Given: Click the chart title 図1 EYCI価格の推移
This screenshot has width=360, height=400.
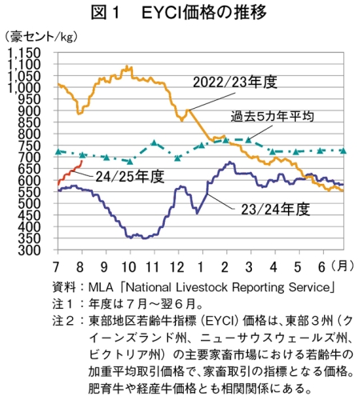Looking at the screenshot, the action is click(x=178, y=12).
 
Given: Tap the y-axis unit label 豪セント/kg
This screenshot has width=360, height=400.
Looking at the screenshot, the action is click(x=41, y=37).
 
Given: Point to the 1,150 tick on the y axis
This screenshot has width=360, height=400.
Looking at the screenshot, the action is click(x=24, y=53).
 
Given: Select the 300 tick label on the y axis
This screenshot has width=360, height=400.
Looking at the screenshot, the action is click(x=30, y=250).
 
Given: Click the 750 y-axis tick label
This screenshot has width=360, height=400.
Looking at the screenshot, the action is click(x=30, y=146).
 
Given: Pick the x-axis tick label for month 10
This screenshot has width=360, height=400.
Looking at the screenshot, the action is click(x=129, y=267).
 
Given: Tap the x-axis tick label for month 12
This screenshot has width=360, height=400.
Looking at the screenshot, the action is click(x=178, y=267).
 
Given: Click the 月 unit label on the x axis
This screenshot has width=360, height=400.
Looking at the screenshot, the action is click(x=342, y=266).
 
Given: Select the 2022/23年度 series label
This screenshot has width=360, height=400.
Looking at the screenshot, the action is click(x=235, y=82).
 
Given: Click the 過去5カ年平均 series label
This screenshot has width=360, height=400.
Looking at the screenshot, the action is click(x=272, y=116).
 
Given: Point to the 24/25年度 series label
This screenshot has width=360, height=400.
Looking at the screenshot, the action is click(x=130, y=176).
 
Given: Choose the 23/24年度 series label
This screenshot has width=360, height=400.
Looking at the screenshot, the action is click(x=275, y=210).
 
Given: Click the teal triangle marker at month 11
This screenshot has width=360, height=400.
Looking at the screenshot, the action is click(x=154, y=142).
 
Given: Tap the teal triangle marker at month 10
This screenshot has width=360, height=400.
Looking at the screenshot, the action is click(x=130, y=162).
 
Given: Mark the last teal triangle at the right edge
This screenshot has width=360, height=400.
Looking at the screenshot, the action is click(x=343, y=151).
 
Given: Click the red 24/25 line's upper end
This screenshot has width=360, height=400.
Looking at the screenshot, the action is click(x=82, y=161).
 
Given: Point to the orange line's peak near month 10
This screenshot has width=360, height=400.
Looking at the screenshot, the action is click(x=126, y=66).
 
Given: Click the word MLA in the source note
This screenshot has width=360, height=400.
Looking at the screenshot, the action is click(x=101, y=287).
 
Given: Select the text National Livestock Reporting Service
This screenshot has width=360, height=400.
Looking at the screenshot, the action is click(x=227, y=287).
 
